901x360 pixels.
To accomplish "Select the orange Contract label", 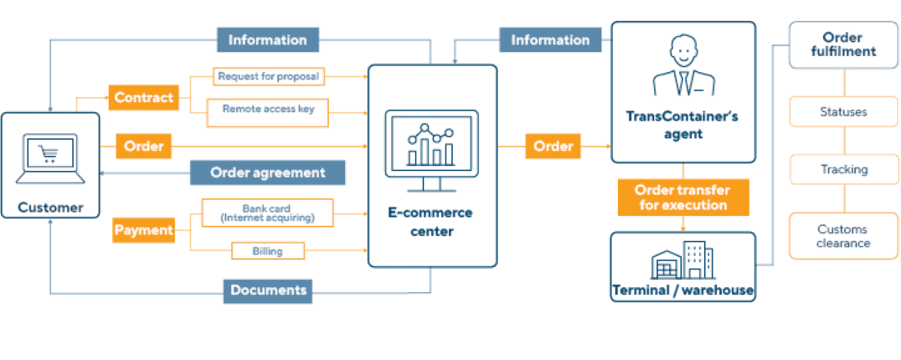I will click(143, 97).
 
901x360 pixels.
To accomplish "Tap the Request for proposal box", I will click(268, 77).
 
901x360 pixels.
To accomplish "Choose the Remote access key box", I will click(268, 109).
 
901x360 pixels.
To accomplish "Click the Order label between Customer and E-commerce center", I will click(143, 147).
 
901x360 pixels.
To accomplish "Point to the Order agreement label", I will click(267, 172).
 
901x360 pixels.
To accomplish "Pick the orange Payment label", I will click(143, 229).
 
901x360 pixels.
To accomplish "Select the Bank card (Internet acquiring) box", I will click(267, 213).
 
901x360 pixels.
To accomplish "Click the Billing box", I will click(267, 250).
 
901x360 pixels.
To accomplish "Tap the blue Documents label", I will click(268, 290).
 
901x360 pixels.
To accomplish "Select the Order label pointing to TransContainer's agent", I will click(553, 147).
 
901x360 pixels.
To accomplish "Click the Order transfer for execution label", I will click(682, 197).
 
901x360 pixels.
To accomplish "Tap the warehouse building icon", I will click(682, 261).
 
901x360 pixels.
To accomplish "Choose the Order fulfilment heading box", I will click(842, 45).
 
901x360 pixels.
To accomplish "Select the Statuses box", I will click(843, 111).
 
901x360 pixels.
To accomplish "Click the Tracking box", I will click(843, 170).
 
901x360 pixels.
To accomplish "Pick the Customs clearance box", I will click(843, 236).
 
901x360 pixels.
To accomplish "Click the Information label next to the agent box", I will click(550, 39).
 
